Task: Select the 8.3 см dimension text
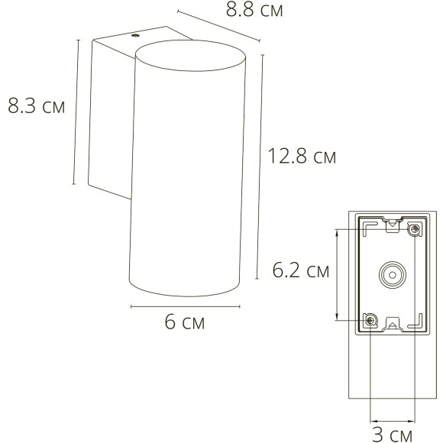point(36,106)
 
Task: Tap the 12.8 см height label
point(302,157)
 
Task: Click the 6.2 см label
point(302,270)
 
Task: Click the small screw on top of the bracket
point(136,35)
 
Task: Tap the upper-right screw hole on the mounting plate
point(415,229)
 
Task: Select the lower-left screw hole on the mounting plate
point(370,320)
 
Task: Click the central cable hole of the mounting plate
point(393,274)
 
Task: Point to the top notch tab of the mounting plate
point(393,224)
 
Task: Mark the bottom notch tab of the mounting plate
point(393,324)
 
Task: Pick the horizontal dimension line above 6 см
point(186,306)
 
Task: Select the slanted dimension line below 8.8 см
point(218,25)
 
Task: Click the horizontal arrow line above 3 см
point(393,419)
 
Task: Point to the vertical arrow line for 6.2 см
point(337,274)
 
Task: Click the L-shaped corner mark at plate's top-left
point(367,226)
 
